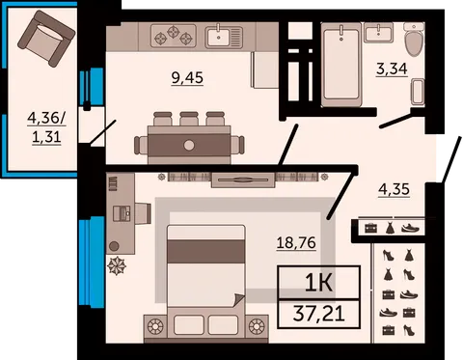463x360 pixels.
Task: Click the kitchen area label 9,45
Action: pos(187,77)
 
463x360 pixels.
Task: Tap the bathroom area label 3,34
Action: pos(392,69)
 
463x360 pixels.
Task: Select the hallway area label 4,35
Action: pos(394,189)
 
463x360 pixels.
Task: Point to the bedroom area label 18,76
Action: pos(296,242)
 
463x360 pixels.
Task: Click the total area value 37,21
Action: pos(318,314)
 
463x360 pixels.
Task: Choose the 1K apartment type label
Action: pos(318,283)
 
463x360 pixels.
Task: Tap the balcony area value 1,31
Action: pos(46,138)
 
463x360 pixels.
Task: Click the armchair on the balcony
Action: pos(46,38)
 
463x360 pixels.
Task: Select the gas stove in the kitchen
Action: pos(174,36)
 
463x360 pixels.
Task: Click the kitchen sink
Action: pos(224,36)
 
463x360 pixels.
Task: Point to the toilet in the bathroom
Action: pos(414,40)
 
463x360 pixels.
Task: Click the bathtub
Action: pos(340,65)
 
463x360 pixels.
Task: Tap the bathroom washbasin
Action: pos(378,33)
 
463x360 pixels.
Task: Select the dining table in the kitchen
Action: pos(189,145)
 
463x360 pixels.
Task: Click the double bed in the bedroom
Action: pos(206,283)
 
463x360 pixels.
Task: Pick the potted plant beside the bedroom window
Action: pos(116,265)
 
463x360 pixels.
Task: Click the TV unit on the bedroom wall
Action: pos(243,180)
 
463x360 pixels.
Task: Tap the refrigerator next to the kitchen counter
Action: pos(265,69)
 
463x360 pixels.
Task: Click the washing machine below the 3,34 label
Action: pos(418,92)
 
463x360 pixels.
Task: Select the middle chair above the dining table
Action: pos(189,119)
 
